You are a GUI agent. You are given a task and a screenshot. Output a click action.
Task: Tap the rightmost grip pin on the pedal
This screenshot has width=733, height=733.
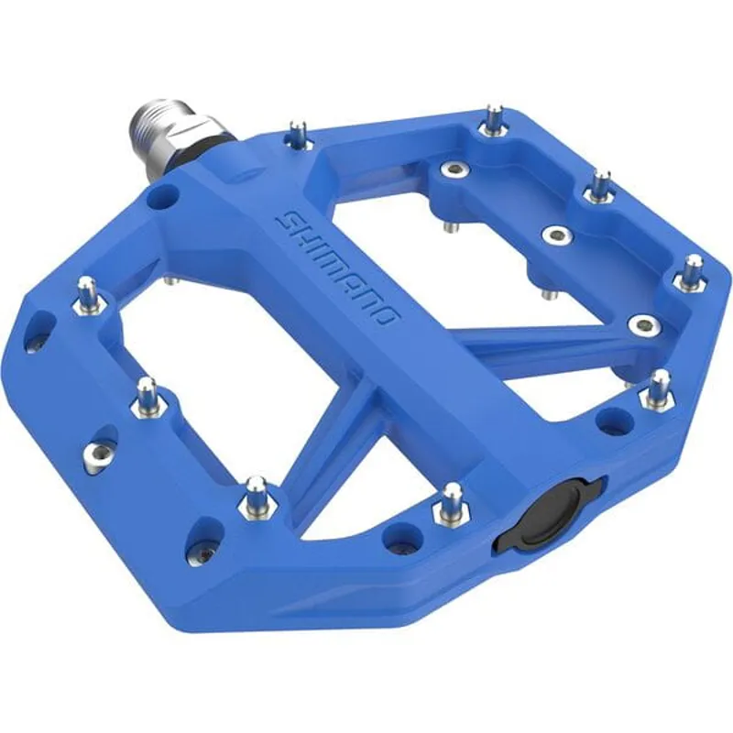(x=693, y=272)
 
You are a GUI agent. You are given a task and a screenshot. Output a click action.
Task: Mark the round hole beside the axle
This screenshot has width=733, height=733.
(x=166, y=194)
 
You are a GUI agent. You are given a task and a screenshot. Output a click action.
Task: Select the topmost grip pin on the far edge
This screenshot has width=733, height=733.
(x=494, y=120)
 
